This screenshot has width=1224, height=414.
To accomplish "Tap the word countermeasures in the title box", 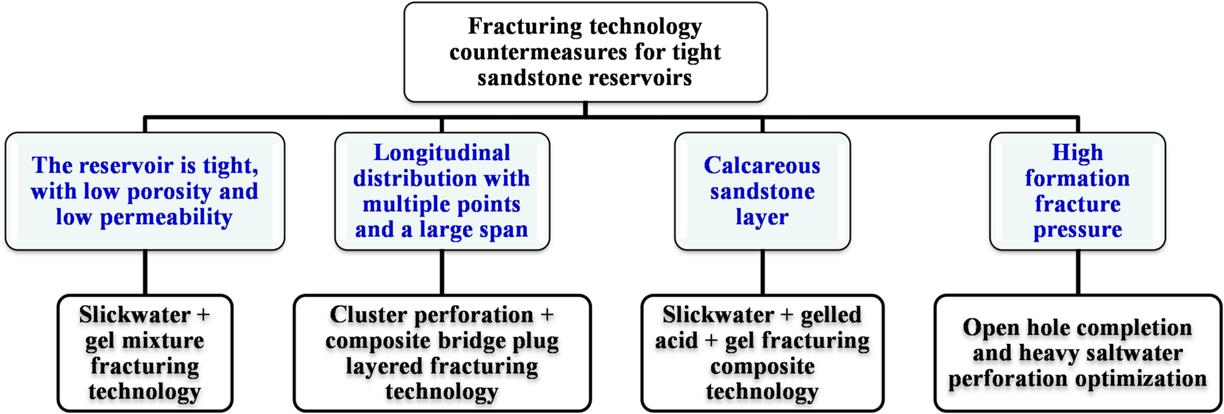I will tap(538, 52).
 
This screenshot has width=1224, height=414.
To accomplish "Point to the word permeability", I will tap(166, 217).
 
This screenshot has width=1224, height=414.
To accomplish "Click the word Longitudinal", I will tap(441, 153).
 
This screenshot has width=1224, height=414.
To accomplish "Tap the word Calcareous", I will tap(762, 166).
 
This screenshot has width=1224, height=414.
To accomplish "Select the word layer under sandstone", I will tap(762, 217).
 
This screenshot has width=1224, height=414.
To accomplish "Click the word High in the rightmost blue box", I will tap(1077, 153).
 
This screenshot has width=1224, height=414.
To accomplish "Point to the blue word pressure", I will tap(1077, 230).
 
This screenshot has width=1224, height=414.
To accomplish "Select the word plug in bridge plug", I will tap(535, 341).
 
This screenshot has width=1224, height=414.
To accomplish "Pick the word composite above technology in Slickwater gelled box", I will tap(762, 367).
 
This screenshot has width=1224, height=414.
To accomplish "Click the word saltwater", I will tap(1134, 354).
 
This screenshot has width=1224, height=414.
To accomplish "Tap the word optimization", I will tap(1140, 379).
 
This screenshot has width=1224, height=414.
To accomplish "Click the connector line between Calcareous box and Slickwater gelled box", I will tap(762, 272).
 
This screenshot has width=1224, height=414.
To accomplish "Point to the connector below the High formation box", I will tap(1078, 272).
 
